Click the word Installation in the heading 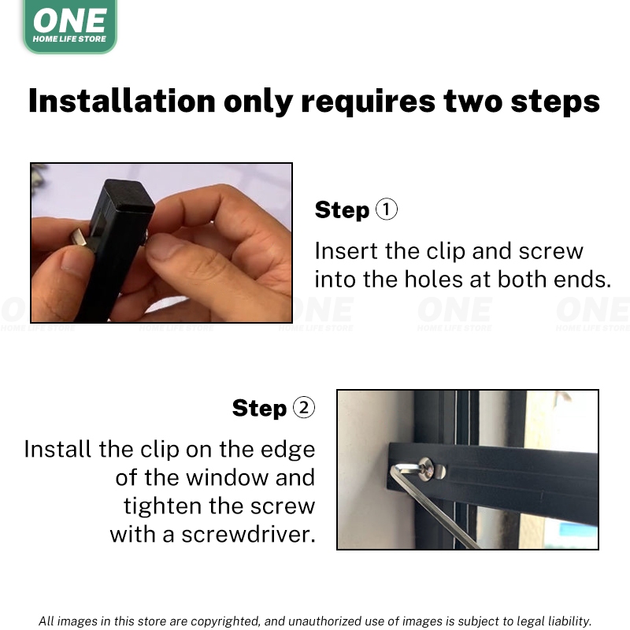pos(122,101)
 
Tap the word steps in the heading pos(555,102)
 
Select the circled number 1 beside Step pos(386,209)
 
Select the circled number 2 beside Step pos(304,407)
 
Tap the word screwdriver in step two pos(248,535)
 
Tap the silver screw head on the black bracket pos(427,469)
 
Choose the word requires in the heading pos(368,102)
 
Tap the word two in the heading pos(473,102)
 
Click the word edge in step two pos(287,450)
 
